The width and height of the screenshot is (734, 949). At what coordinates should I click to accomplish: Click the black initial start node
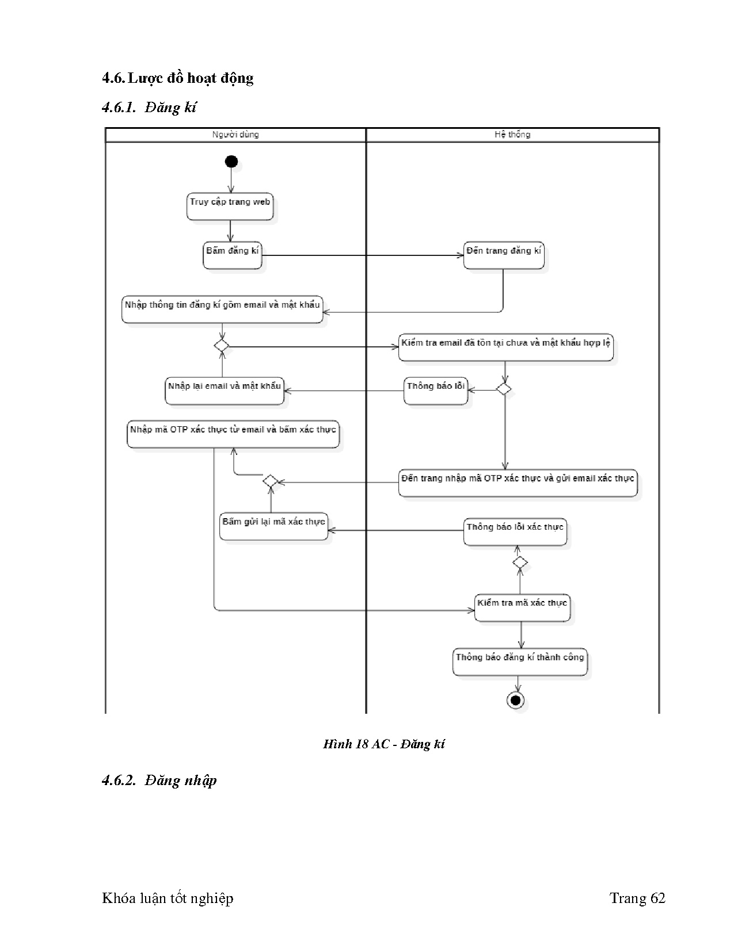(231, 162)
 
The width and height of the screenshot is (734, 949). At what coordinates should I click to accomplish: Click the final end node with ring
(515, 700)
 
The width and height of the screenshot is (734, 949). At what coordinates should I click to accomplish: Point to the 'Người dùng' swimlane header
(235, 135)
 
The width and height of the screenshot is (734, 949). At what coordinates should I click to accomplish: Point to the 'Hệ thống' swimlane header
(512, 135)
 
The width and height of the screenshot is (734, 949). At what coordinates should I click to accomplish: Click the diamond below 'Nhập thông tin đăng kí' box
(222, 346)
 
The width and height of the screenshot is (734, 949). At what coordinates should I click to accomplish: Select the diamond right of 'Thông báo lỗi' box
(504, 389)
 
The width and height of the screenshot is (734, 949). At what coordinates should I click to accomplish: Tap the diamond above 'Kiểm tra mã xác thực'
(520, 562)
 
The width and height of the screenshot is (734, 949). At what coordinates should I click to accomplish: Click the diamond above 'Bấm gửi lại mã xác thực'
(270, 481)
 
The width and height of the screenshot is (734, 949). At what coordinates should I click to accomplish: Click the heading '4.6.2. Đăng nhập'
(159, 780)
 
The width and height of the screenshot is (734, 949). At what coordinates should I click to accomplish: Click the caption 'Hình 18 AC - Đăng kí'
(384, 744)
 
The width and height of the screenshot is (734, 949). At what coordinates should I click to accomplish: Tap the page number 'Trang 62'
(637, 898)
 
